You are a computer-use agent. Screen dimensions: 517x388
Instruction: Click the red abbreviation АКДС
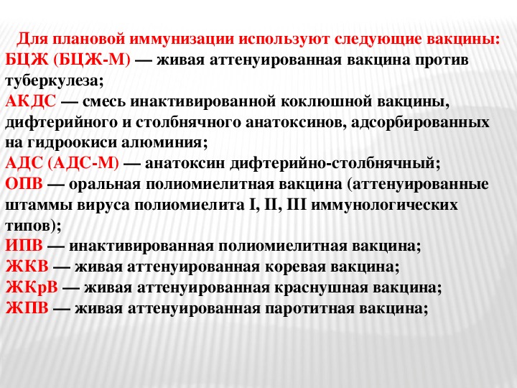tap(31, 101)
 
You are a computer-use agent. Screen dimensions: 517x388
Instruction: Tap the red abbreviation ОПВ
tap(24, 184)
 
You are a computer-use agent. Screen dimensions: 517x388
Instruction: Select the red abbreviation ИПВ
tap(24, 246)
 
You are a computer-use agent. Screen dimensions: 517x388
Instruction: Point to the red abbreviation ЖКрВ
tap(32, 287)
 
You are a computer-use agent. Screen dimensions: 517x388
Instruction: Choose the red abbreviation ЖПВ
tap(27, 308)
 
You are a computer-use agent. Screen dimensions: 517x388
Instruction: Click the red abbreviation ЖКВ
tap(27, 267)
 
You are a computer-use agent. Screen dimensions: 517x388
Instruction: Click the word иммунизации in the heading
tap(182, 39)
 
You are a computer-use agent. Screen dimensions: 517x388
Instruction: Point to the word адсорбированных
tap(420, 122)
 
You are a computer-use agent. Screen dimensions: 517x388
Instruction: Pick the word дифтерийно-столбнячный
tap(335, 164)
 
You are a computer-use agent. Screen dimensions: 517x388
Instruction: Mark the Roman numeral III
tap(297, 205)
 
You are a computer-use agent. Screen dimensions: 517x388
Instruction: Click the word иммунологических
tap(384, 205)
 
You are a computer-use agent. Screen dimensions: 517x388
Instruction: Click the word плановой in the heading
tap(88, 39)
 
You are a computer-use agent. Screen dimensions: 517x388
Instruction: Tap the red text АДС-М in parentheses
tap(83, 163)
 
